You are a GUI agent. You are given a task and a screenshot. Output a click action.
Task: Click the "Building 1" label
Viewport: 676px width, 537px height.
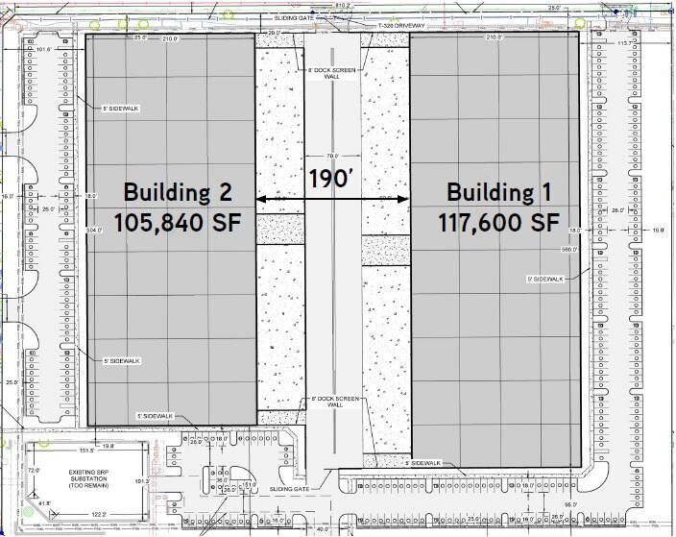(498, 190)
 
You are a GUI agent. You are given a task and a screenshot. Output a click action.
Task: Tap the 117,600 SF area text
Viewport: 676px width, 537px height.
(498, 222)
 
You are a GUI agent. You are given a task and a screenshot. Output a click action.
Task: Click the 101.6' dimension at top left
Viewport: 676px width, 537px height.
(42, 51)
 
